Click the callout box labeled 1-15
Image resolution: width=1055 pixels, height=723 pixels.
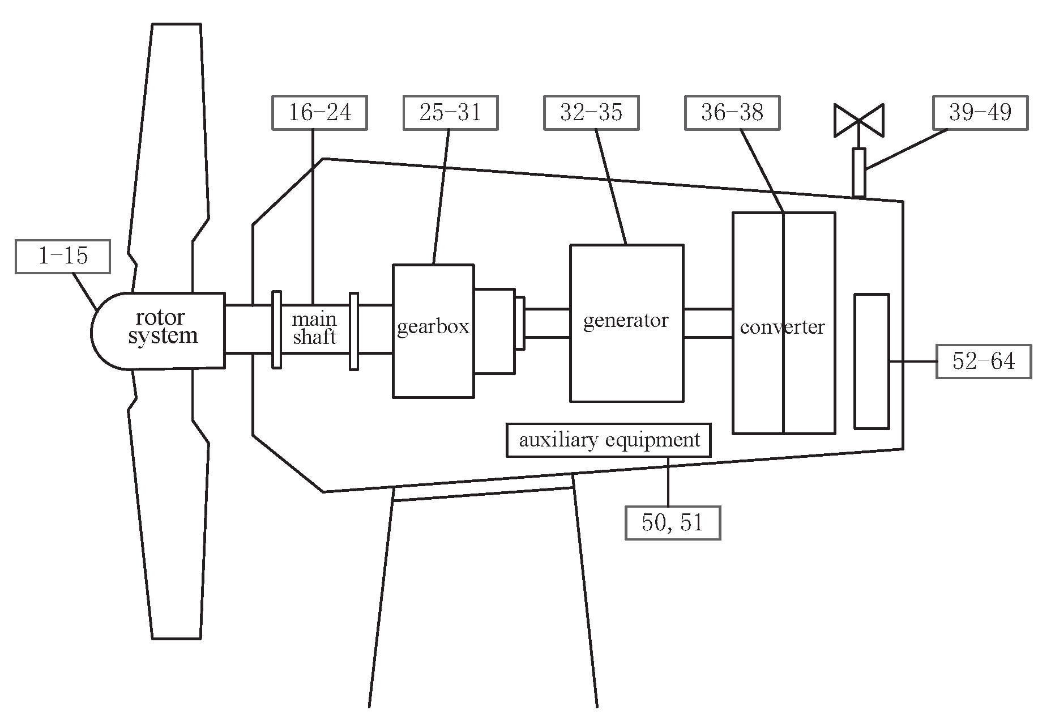click(x=62, y=257)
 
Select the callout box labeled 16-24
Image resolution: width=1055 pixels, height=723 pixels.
click(x=319, y=113)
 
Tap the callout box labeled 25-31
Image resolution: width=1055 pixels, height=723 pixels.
click(x=450, y=113)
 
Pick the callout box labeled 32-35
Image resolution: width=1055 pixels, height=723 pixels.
click(x=591, y=113)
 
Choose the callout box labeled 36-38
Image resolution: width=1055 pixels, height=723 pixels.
click(x=732, y=113)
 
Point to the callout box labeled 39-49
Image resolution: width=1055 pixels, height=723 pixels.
click(x=980, y=113)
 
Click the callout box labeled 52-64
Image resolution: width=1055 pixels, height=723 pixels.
click(x=984, y=361)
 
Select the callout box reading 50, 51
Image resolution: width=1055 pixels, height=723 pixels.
click(x=673, y=522)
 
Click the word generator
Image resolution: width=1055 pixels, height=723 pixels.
click(x=626, y=321)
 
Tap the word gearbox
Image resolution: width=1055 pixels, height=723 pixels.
click(x=433, y=327)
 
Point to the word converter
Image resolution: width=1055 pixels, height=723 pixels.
click(x=782, y=327)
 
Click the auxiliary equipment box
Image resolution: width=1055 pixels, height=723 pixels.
click(x=609, y=440)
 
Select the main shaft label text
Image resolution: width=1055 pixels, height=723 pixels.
click(x=314, y=329)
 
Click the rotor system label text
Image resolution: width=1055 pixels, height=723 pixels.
click(x=163, y=327)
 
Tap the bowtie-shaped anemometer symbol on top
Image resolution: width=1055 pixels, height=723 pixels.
click(x=859, y=120)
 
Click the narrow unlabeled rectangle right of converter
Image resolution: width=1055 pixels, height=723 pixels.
click(x=872, y=361)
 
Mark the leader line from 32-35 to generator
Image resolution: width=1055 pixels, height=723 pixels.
click(x=611, y=187)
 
